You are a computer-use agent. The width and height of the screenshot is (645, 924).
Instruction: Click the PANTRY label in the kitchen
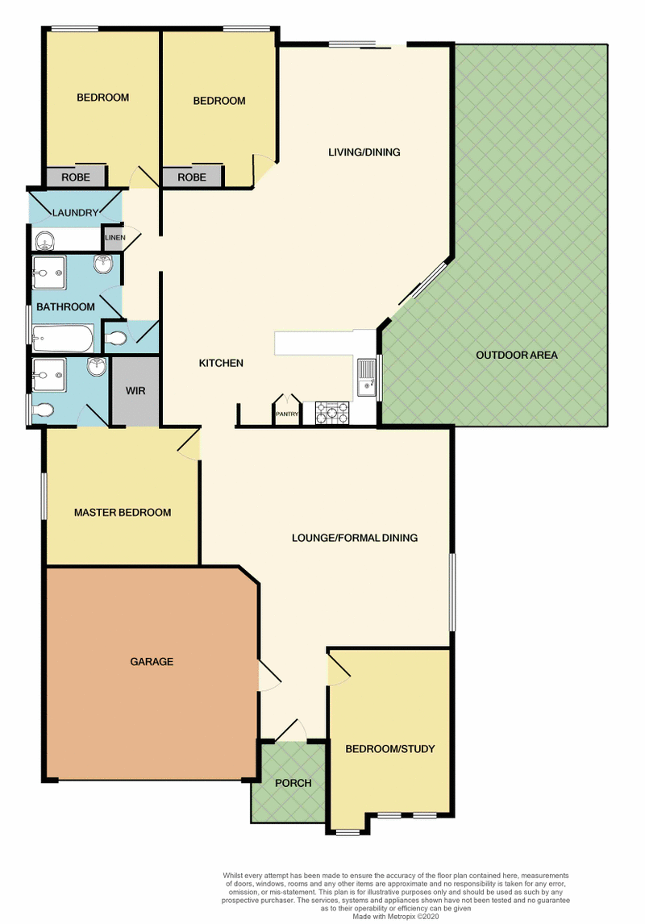286,414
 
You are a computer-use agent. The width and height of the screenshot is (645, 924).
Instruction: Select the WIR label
135,390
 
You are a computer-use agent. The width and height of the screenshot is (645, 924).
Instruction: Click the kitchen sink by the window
367,377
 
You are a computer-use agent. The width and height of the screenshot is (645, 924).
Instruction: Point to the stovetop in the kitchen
332,414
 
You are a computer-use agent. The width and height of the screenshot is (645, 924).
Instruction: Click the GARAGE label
152,662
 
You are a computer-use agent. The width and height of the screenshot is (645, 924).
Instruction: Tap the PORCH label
293,783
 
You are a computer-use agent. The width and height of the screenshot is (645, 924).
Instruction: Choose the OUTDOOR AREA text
516,355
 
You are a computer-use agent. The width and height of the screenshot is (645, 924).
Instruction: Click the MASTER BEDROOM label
123,513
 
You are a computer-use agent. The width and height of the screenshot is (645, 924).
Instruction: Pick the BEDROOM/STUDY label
390,749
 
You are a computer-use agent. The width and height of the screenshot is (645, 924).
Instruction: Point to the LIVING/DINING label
364,152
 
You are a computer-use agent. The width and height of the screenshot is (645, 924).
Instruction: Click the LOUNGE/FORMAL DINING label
355,538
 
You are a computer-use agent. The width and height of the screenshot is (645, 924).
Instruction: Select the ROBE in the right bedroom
192,177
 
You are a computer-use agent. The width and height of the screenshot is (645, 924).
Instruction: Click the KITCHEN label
221,364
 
